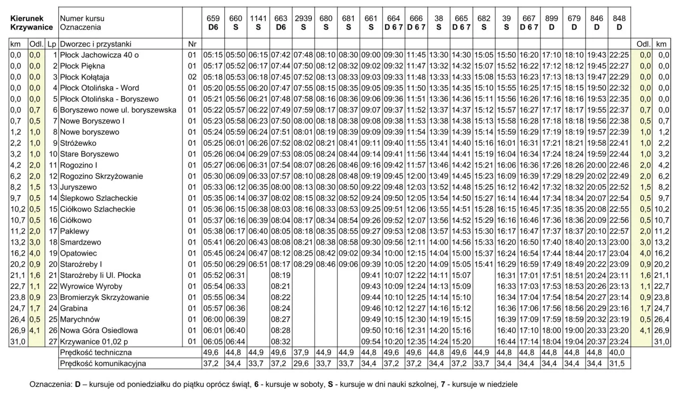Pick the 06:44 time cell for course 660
[x=235, y=341]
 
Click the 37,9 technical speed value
[x=301, y=352]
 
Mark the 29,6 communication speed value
[x=301, y=363]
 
